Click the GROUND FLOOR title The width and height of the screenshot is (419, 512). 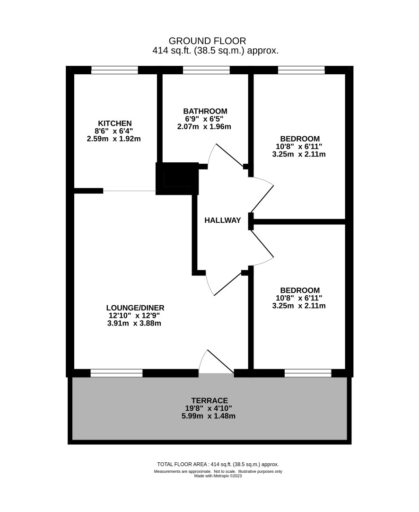pos(207,41)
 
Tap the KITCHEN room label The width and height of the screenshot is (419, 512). pos(115,123)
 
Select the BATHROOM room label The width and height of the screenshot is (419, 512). pos(205,111)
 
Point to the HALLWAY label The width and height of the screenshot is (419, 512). pos(223,220)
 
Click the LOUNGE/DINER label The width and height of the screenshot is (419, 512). pos(135,308)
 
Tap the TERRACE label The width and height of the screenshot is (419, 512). pos(209,400)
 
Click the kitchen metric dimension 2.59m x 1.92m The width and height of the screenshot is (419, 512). pos(113,139)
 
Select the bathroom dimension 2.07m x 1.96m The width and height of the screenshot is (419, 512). pos(204,127)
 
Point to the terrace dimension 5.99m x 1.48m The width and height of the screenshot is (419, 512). pos(208,416)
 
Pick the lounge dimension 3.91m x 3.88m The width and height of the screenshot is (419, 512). pos(134,323)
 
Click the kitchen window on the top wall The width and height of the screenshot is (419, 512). pos(114,70)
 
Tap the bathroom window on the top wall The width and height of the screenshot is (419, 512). pos(206,70)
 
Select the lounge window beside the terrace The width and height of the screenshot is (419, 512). pos(116,373)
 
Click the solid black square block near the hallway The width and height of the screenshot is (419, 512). pos(177,178)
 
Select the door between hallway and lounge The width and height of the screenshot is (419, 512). pos(225,283)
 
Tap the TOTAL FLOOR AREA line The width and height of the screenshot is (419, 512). pos(218,464)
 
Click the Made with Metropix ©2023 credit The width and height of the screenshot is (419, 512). pos(218,476)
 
